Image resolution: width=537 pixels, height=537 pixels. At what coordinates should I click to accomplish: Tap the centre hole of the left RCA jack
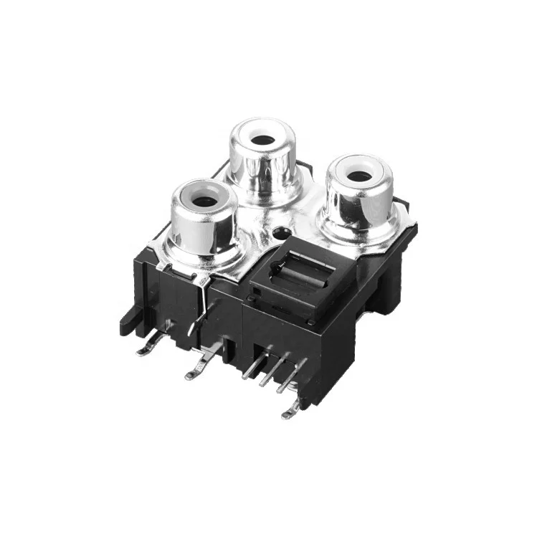(x=204, y=201)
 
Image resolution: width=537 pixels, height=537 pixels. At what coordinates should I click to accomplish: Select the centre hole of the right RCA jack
(x=360, y=176)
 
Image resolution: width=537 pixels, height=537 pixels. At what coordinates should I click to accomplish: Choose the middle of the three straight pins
(x=269, y=373)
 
